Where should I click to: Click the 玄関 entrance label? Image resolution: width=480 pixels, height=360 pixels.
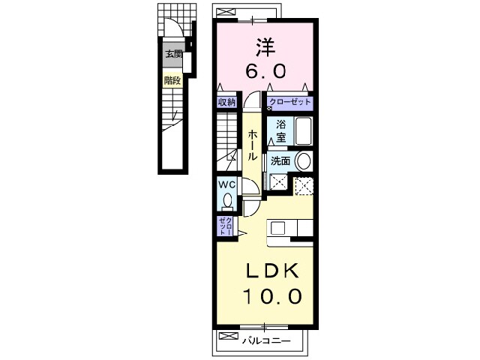pyautogui.click(x=173, y=55)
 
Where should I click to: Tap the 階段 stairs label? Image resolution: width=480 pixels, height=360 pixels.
pyautogui.click(x=172, y=81)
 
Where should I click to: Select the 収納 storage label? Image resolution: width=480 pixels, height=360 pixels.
pyautogui.click(x=226, y=102)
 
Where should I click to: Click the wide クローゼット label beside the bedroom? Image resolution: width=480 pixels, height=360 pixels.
pyautogui.click(x=290, y=102)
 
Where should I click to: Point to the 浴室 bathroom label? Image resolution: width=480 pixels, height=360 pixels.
pyautogui.click(x=281, y=131)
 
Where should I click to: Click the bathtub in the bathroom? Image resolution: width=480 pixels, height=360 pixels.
pyautogui.click(x=303, y=131)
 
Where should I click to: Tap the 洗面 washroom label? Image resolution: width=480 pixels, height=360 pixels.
pyautogui.click(x=280, y=160)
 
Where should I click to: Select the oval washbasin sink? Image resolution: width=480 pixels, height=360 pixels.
pyautogui.click(x=304, y=161)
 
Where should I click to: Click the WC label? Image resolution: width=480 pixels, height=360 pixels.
pyautogui.click(x=226, y=185)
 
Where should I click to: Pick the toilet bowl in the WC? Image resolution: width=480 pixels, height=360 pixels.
pyautogui.click(x=227, y=202)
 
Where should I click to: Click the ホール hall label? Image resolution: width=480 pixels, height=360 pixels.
pyautogui.click(x=252, y=145)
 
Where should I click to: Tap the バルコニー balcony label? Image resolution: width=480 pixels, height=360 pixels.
pyautogui.click(x=266, y=340)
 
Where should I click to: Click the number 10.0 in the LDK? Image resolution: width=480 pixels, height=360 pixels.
pyautogui.click(x=272, y=296)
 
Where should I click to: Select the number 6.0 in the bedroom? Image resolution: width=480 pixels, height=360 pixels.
pyautogui.click(x=265, y=71)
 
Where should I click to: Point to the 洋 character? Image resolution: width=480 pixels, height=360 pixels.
pyautogui.click(x=265, y=46)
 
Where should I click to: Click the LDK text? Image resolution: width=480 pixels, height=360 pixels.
pyautogui.click(x=272, y=271)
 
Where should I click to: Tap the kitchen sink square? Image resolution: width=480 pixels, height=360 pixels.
pyautogui.click(x=277, y=228)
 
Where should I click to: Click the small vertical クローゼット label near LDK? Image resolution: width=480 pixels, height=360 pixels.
pyautogui.click(x=225, y=226)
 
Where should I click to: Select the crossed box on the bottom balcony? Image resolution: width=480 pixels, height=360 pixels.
pyautogui.click(x=228, y=336)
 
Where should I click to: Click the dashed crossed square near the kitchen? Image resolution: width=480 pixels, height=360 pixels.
pyautogui.click(x=304, y=185)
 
